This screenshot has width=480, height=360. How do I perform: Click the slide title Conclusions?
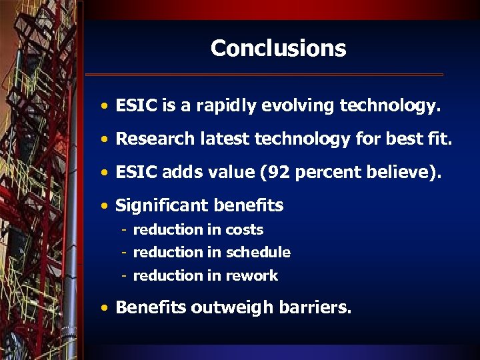(x=278, y=48)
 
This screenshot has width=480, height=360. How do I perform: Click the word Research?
(x=150, y=139)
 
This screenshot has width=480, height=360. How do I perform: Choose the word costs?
(x=244, y=230)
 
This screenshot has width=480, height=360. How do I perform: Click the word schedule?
(x=258, y=253)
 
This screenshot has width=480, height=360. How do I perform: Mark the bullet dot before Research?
(x=106, y=139)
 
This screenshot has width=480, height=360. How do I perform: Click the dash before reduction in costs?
(x=125, y=230)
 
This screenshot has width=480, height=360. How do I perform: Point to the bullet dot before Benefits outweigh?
(x=106, y=308)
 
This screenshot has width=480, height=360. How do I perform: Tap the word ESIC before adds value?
(x=135, y=172)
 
